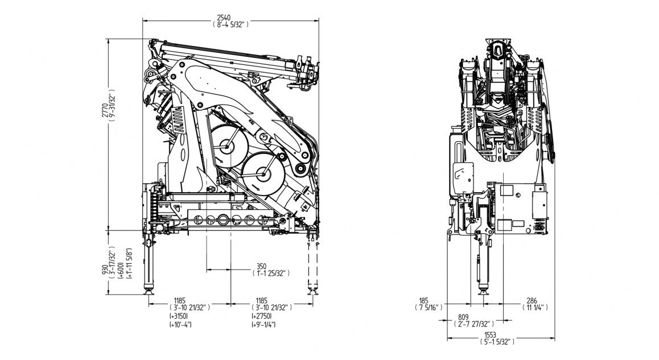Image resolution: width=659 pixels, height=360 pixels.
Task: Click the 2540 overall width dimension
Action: tap(230, 17)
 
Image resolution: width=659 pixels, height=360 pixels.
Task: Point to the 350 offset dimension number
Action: tap(261, 266)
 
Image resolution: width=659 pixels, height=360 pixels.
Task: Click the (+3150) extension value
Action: tap(179, 316)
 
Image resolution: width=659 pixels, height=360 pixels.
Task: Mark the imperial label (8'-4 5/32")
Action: tap(230, 25)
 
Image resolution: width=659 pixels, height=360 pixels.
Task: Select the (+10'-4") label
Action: tap(180, 325)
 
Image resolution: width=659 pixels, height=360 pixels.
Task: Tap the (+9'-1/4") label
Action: tap(263, 325)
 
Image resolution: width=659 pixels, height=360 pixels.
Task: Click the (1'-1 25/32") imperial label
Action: tap(271, 273)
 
